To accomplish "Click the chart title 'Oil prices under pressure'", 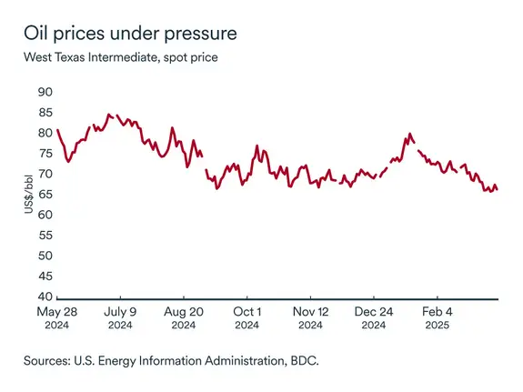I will (x=131, y=34).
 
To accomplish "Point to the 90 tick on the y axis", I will (x=45, y=92).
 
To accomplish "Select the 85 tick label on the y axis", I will (x=45, y=113).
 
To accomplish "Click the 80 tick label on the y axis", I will (x=45, y=133).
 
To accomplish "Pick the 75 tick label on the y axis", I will (x=45, y=154).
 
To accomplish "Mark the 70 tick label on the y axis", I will (x=45, y=174).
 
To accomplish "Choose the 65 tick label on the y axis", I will (x=45, y=195).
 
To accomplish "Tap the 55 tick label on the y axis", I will (x=45, y=236).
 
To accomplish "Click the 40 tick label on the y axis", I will (x=45, y=297).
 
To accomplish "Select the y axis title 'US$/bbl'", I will (x=28, y=195).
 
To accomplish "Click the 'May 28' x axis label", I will (x=56, y=312).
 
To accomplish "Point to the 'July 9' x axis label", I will (x=120, y=312).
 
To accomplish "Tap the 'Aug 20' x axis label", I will (x=183, y=312).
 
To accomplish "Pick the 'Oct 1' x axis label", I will (x=246, y=312).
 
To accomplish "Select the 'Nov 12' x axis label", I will (x=310, y=312).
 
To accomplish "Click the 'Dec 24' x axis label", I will (x=374, y=312).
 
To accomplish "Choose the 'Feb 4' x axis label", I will (x=437, y=312).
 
